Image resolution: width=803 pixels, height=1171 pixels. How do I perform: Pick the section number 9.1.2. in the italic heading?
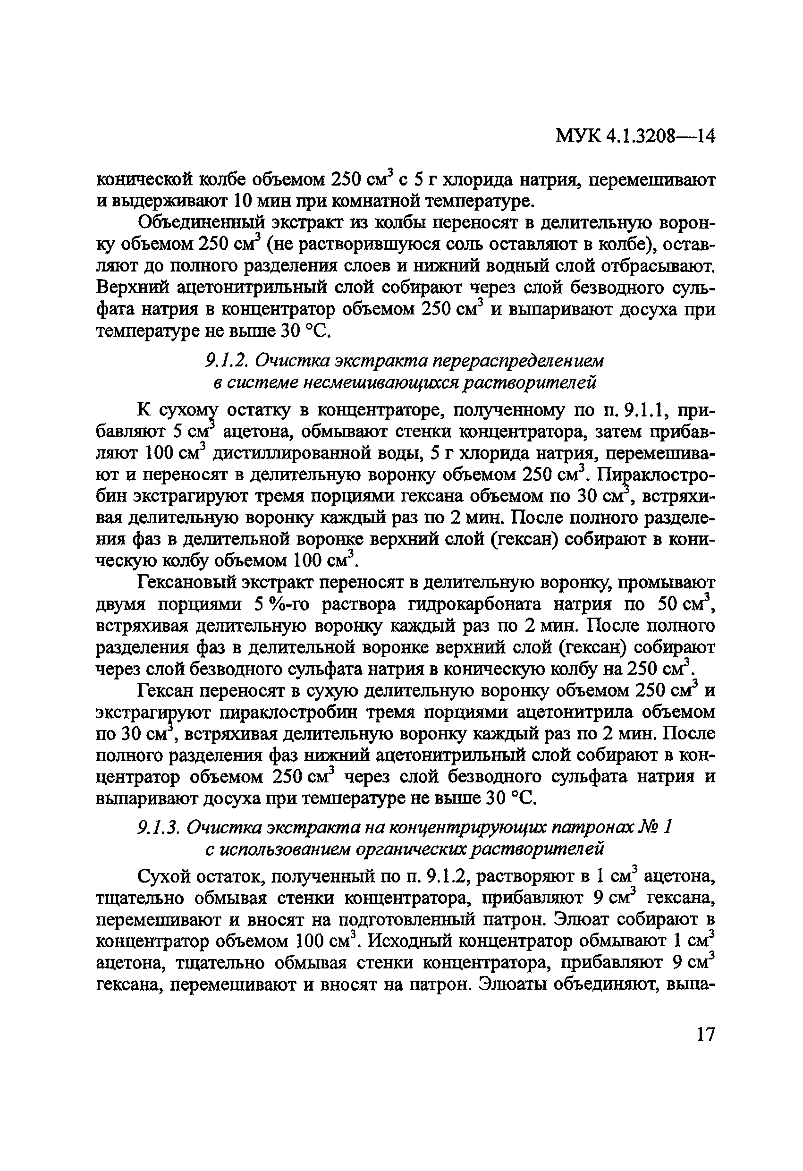click(x=225, y=361)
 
